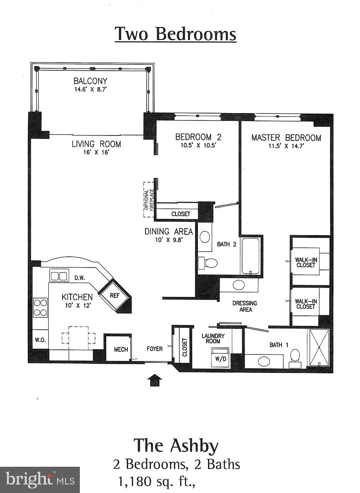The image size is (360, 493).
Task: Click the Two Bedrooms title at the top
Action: pyautogui.click(x=176, y=34)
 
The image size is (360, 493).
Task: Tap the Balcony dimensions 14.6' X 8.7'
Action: pyautogui.click(x=91, y=89)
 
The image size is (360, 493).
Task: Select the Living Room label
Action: pyautogui.click(x=96, y=144)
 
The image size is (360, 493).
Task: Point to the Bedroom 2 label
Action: pyautogui.click(x=198, y=137)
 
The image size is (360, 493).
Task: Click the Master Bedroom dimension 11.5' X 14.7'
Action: pyautogui.click(x=286, y=146)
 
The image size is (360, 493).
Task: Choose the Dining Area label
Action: pyautogui.click(x=169, y=232)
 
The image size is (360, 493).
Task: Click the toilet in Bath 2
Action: pyautogui.click(x=208, y=263)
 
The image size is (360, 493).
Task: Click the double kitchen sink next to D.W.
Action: pyautogui.click(x=59, y=276)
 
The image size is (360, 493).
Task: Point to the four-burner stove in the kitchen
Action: pyautogui.click(x=40, y=307)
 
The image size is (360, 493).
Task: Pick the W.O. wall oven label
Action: pyautogui.click(x=40, y=340)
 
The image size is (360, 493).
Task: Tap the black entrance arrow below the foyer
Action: pyautogui.click(x=155, y=380)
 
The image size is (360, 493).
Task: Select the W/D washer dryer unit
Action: pyautogui.click(x=220, y=358)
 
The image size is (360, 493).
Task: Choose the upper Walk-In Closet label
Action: pyautogui.click(x=305, y=262)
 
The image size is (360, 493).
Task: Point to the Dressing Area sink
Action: pyautogui.click(x=239, y=285)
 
